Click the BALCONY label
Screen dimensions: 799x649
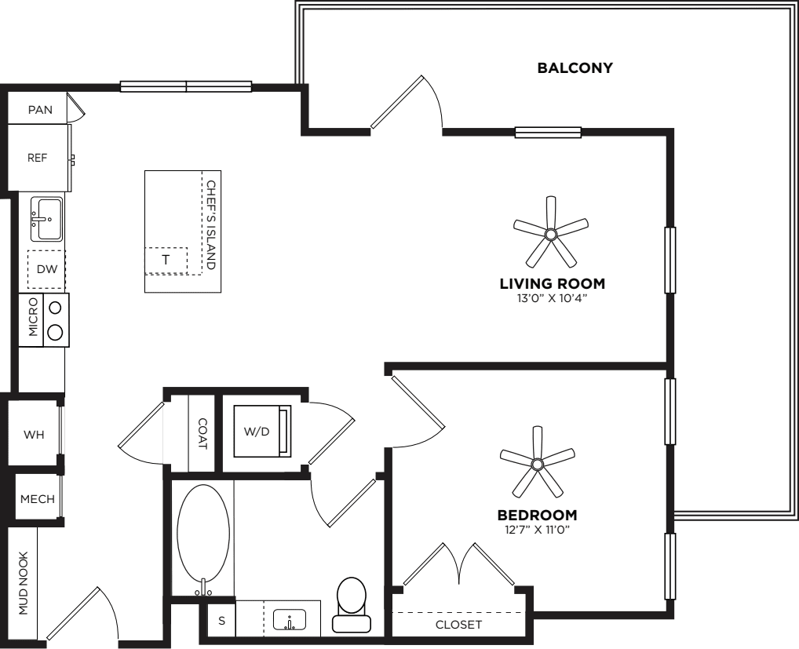[x=575, y=67]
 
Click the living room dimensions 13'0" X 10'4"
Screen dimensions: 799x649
[x=553, y=298]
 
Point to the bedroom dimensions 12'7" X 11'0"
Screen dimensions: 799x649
[x=537, y=530]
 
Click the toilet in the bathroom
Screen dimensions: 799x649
[x=352, y=605]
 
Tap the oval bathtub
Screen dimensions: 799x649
[x=203, y=539]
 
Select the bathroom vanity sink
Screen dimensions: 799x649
[x=290, y=620]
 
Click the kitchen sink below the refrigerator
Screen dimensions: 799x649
[x=46, y=219]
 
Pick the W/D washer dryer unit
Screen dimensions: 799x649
[x=262, y=431]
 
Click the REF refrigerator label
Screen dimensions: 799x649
[x=37, y=158]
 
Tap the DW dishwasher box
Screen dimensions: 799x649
[x=46, y=269]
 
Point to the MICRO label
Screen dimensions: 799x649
[x=33, y=317]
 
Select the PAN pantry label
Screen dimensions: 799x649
[x=40, y=110]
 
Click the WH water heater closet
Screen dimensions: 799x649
[x=34, y=434]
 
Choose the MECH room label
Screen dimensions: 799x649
[x=38, y=499]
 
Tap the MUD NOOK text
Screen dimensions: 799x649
[x=24, y=583]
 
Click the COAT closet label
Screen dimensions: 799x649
[x=202, y=434]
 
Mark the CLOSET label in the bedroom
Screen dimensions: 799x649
[x=458, y=625]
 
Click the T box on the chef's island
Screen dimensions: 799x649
[x=166, y=261]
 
